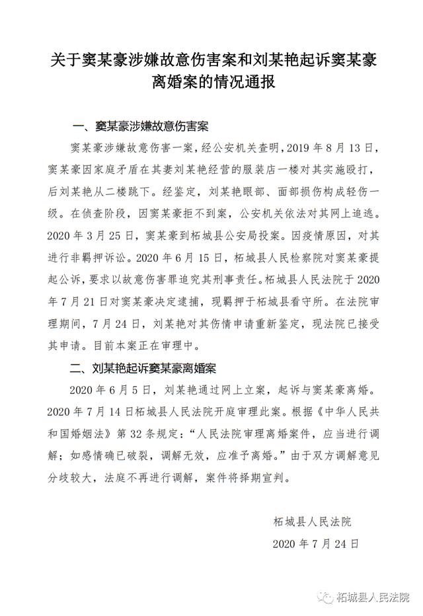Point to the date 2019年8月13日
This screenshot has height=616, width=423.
coord(337,146)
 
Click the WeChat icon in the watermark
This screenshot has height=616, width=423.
coord(326,597)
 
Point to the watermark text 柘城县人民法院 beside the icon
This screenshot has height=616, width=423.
coord(373,597)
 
